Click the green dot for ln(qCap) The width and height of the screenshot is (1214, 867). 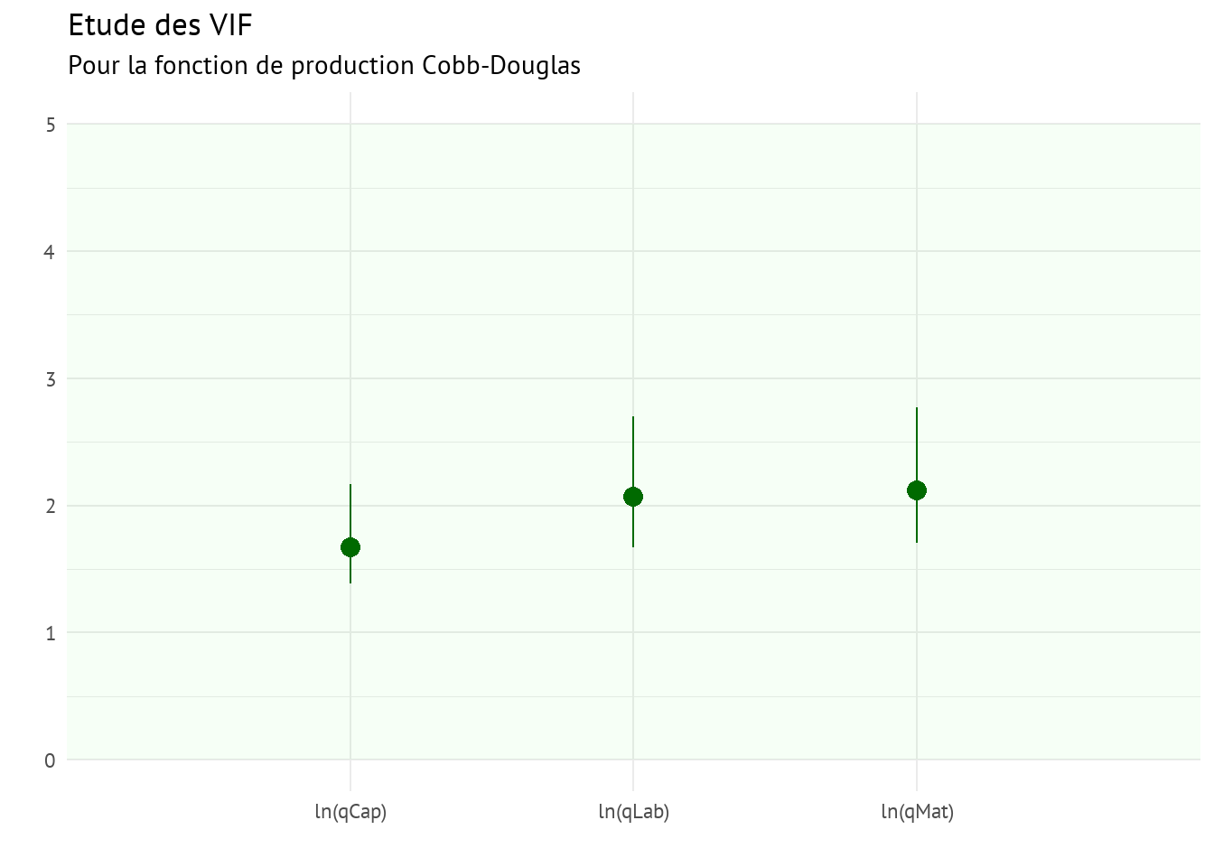click(350, 547)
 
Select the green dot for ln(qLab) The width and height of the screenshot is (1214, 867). click(633, 497)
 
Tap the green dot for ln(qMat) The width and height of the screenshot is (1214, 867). click(917, 490)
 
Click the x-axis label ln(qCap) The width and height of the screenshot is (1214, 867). click(350, 812)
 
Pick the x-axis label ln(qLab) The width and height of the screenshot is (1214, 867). click(633, 812)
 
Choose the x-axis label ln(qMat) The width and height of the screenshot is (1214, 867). click(917, 812)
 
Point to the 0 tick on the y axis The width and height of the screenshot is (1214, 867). click(50, 760)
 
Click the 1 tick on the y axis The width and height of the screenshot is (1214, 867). click(50, 633)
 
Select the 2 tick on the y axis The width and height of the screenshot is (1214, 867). click(50, 506)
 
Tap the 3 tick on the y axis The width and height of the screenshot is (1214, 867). click(50, 379)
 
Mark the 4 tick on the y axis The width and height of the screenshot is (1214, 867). click(50, 252)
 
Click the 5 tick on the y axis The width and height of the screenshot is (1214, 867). click(50, 125)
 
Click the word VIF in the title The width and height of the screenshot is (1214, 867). click(229, 25)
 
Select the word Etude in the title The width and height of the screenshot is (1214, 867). click(101, 25)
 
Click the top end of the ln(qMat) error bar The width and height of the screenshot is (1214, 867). click(917, 408)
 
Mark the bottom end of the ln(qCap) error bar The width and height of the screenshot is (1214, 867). click(350, 583)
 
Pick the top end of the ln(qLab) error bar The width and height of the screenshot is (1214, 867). click(633, 417)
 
